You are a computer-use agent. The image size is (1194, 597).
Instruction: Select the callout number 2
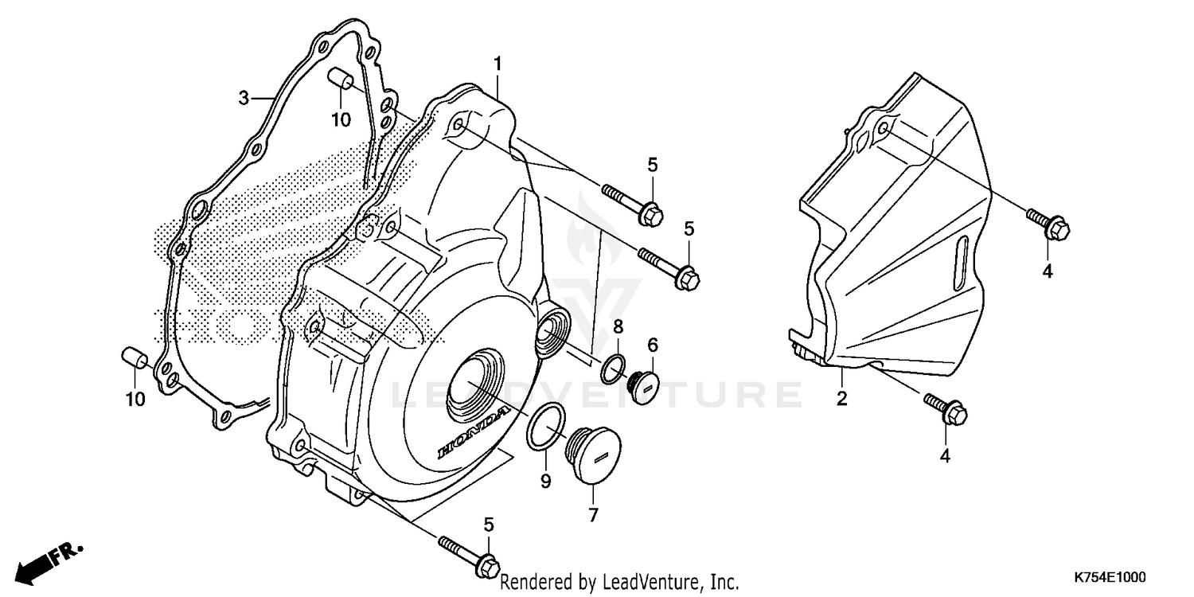841,399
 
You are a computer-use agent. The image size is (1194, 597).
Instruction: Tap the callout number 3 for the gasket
244,98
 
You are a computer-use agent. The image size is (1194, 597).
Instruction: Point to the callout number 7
592,515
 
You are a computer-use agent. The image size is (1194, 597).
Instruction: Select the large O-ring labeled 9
546,427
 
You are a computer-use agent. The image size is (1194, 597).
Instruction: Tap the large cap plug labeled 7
592,455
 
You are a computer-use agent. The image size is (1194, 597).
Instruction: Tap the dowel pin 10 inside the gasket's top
341,82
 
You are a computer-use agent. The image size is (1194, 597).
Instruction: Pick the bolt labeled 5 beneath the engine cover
469,555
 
